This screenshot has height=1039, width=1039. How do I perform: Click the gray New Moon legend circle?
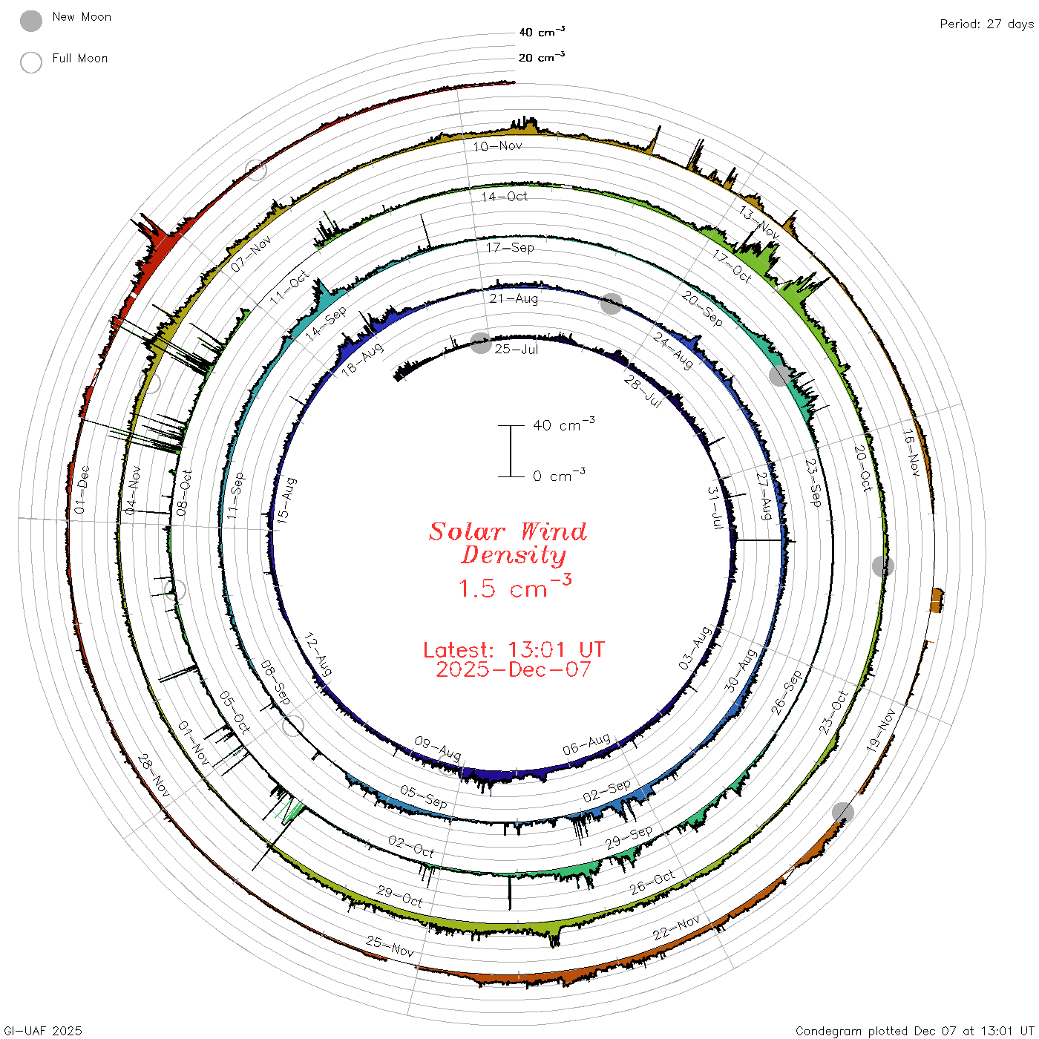(30, 21)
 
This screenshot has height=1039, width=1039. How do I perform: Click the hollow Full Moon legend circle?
(30, 62)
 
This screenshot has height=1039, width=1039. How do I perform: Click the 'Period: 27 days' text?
(987, 24)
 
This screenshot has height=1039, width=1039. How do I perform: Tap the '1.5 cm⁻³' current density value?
(514, 586)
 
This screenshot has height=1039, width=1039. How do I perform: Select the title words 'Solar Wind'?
(508, 531)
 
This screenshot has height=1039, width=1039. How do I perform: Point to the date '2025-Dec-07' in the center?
(514, 669)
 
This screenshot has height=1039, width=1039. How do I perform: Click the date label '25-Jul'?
(517, 350)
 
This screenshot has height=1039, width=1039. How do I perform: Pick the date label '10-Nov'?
(498, 146)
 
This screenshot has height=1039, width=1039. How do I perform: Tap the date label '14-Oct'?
(505, 197)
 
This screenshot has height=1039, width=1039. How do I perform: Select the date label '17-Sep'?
(510, 247)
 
